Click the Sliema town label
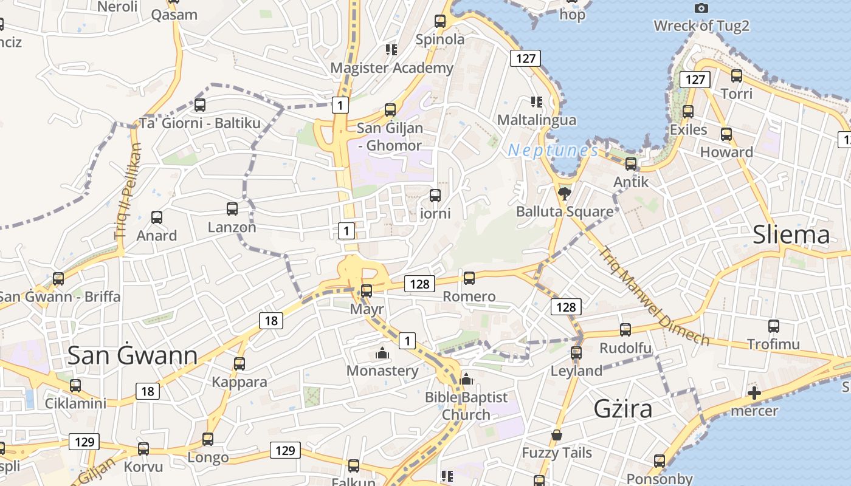tap(791, 235)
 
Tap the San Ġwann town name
tap(132, 356)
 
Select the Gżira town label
tap(622, 409)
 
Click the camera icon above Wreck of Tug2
tap(701, 8)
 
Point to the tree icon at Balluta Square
tap(565, 194)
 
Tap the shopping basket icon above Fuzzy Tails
tap(556, 435)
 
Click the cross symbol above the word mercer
tap(754, 393)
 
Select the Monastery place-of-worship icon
tap(382, 352)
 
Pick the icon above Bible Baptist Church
tap(466, 379)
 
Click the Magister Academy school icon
tap(391, 49)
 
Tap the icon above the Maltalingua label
tap(536, 101)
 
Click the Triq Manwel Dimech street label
tap(653, 296)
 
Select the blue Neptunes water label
tap(553, 150)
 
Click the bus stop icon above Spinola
tap(440, 21)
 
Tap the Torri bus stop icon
tap(736, 76)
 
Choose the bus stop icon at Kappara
tap(239, 364)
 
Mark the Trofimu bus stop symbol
tap(773, 326)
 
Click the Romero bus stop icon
tap(469, 278)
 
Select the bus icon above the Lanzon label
tap(232, 209)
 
